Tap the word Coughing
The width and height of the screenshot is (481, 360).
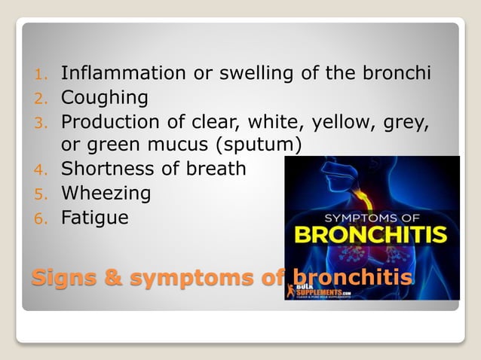104,98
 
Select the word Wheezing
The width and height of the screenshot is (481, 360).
106,194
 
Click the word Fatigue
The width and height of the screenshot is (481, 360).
94,218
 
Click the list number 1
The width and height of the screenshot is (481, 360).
42,75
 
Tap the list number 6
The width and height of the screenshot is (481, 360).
42,219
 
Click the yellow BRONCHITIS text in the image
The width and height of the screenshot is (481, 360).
370,233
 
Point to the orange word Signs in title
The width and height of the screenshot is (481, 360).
59,278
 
